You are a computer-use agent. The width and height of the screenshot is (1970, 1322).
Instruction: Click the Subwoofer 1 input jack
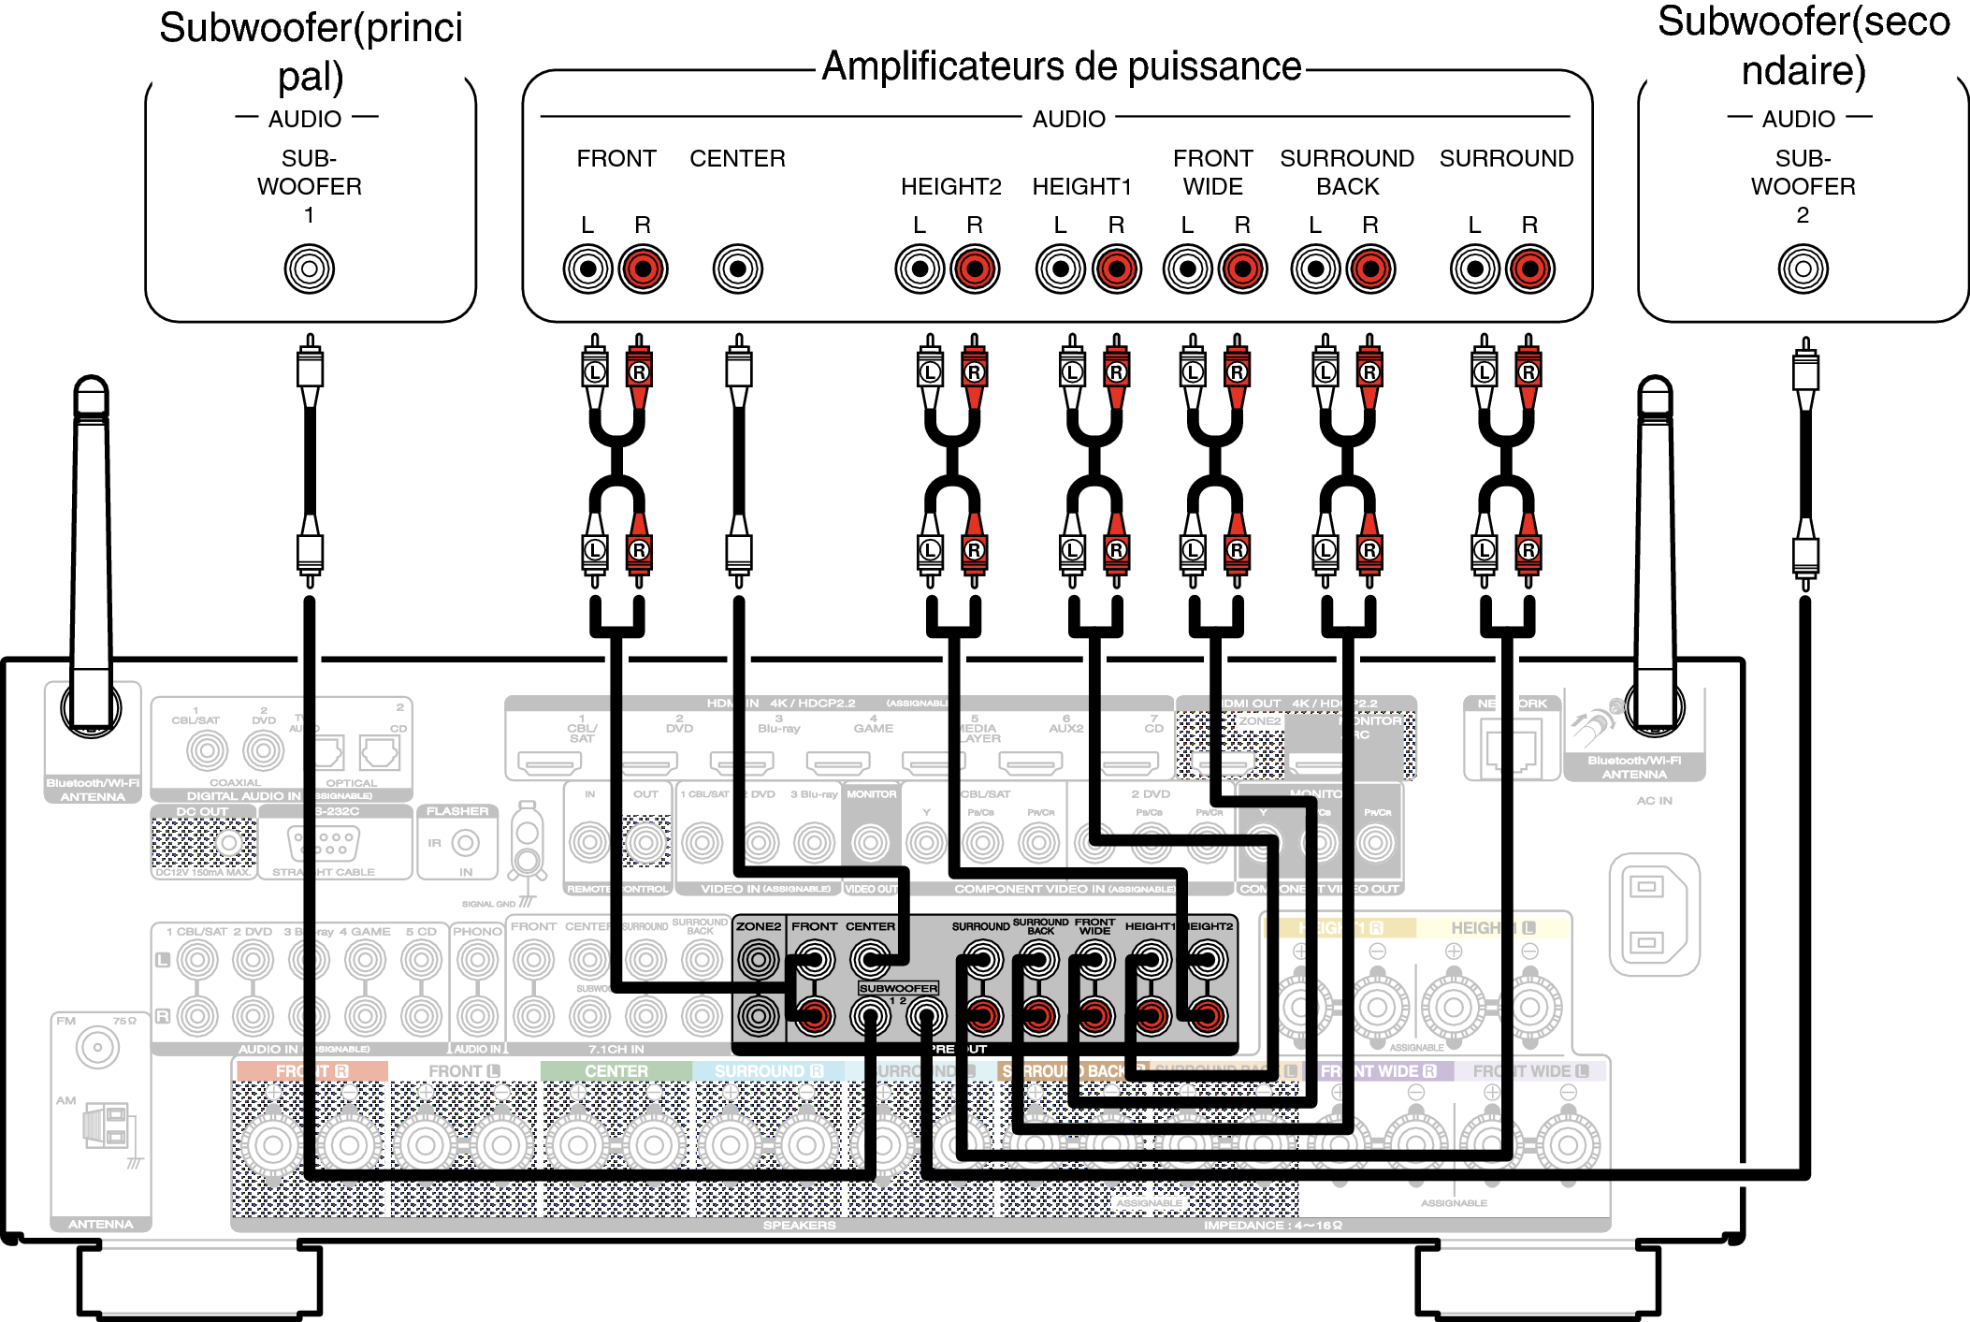click(x=309, y=269)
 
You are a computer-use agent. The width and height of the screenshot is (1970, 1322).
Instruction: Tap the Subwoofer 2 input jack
click(x=1803, y=269)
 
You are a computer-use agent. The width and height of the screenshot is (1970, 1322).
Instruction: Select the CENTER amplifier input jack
click(x=737, y=269)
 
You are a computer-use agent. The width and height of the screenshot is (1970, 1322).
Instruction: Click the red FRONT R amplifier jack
click(x=643, y=269)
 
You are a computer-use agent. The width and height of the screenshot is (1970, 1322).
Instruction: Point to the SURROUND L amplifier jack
click(x=1475, y=269)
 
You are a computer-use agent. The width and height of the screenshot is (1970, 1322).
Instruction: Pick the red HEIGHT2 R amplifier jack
click(x=975, y=269)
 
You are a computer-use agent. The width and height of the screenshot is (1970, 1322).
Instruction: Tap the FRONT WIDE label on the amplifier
click(x=1212, y=172)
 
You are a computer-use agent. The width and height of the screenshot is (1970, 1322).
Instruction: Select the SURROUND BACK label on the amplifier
click(x=1347, y=172)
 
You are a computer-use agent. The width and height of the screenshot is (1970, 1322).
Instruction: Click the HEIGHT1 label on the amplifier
click(x=1081, y=187)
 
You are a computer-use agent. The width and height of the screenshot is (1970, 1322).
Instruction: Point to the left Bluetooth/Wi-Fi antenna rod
click(x=92, y=543)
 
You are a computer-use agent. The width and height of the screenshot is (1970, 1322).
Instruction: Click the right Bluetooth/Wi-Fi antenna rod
click(x=1655, y=543)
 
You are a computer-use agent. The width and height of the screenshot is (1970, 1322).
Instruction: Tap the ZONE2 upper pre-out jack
click(x=758, y=960)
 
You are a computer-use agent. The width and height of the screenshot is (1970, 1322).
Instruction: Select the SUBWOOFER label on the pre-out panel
click(x=898, y=988)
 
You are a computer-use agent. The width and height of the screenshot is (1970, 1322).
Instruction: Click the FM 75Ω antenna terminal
click(x=97, y=1048)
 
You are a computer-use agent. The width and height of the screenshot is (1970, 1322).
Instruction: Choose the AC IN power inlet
click(x=1653, y=914)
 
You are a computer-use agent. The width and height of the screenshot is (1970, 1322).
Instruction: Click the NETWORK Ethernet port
click(x=1511, y=748)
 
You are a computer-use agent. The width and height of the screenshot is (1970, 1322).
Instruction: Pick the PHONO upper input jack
click(x=477, y=960)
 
